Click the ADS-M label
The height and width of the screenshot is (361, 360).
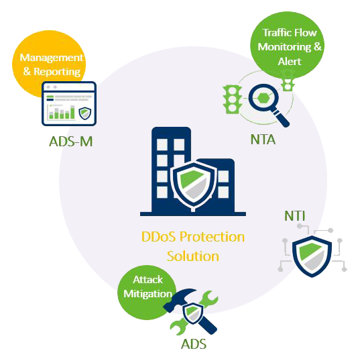tap(71, 142)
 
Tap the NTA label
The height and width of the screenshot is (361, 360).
tap(263, 140)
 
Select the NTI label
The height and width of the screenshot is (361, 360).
tap(295, 216)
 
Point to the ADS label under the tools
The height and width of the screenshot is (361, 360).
tap(194, 344)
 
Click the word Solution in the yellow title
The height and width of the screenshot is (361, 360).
tap(193, 256)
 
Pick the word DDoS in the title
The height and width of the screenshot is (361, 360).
tap(158, 237)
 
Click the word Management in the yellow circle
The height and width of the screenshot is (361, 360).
tap(51, 58)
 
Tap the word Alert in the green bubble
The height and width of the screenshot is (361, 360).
tap(290, 62)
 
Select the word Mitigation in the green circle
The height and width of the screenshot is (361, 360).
tap(147, 294)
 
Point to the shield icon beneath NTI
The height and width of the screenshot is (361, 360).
tap(312, 256)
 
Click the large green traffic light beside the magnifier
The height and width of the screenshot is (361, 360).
tap(233, 99)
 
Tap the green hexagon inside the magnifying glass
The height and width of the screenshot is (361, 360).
tap(263, 99)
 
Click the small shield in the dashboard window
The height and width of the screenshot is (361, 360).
tap(85, 113)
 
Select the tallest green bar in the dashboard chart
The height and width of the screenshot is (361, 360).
tap(72, 112)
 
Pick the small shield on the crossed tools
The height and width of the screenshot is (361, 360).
tap(193, 313)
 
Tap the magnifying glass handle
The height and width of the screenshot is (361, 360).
tap(281, 118)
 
